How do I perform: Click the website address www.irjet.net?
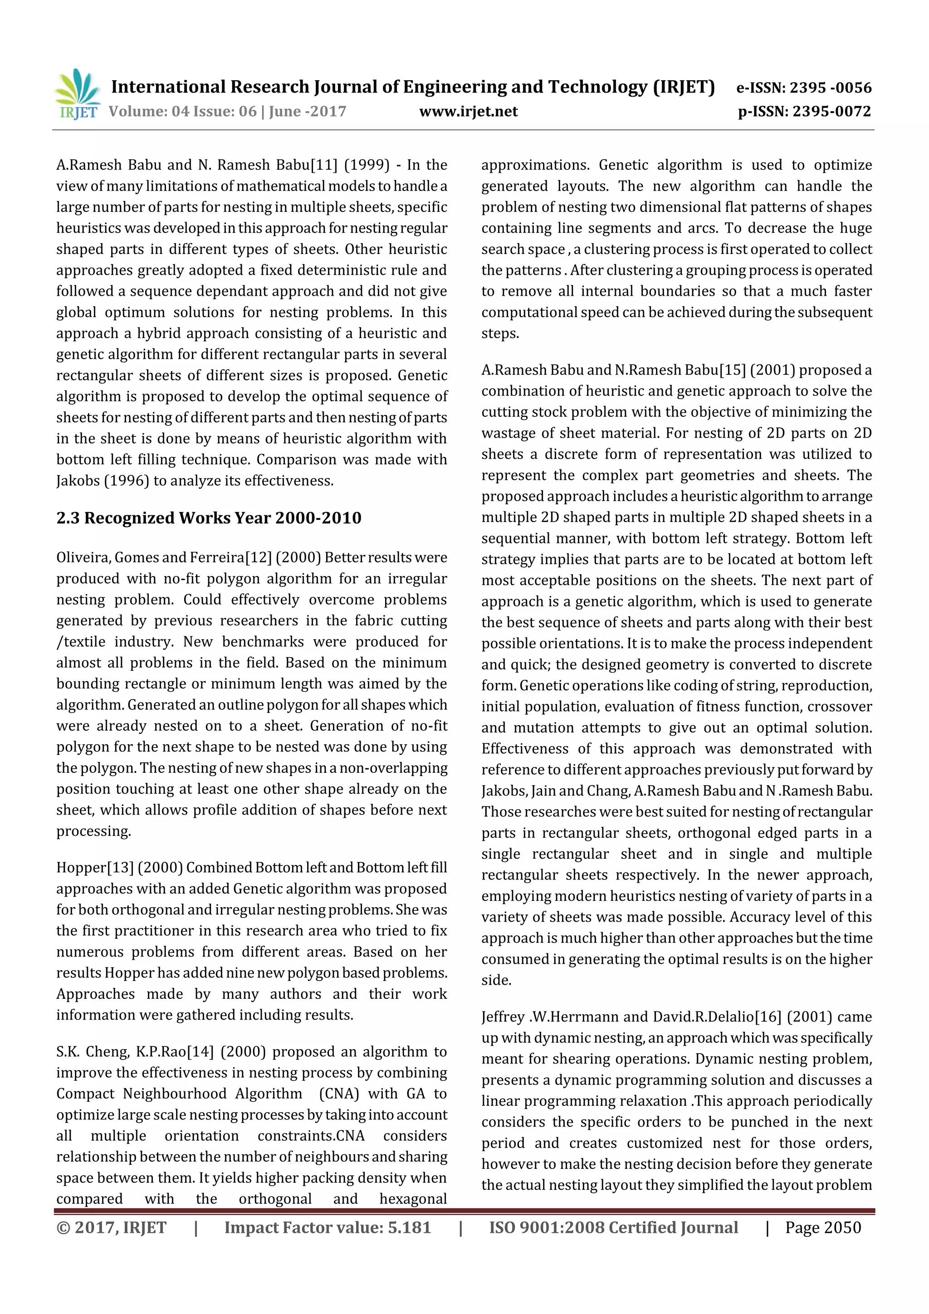[468, 111]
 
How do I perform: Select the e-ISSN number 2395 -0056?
[830, 88]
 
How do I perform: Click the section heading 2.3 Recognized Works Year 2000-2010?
[209, 518]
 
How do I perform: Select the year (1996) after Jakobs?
[127, 481]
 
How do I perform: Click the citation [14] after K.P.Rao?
[200, 1052]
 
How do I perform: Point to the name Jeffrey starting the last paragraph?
[503, 1017]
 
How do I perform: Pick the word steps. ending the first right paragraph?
[500, 334]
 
